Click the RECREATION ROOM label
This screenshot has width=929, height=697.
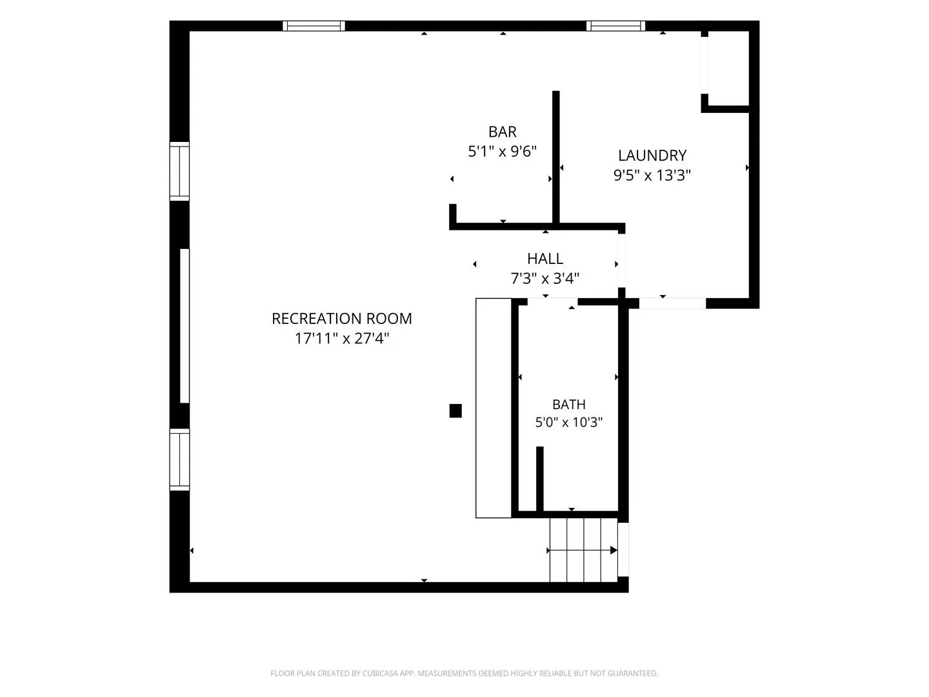341,319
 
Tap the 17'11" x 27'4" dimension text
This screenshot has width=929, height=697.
341,338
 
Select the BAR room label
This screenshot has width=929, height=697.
503,132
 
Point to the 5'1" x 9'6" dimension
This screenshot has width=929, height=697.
502,151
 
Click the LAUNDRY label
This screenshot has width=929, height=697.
652,156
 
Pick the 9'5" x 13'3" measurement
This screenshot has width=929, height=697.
652,175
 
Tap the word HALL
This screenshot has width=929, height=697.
544,259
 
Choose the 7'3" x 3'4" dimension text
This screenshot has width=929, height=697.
544,278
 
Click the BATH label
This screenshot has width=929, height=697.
569,405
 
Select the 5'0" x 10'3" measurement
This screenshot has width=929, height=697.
569,422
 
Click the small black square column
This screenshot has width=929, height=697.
455,410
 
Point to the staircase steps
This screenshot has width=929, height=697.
583,550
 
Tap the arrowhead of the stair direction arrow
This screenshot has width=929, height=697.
614,551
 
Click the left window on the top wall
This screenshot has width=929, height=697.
314,26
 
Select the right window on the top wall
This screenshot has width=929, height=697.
615,26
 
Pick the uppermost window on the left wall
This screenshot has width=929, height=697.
179,171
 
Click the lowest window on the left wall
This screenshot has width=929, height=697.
179,460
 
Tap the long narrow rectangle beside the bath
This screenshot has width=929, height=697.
494,408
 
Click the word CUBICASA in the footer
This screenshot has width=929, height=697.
380,673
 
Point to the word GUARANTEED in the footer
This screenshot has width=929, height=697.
633,673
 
